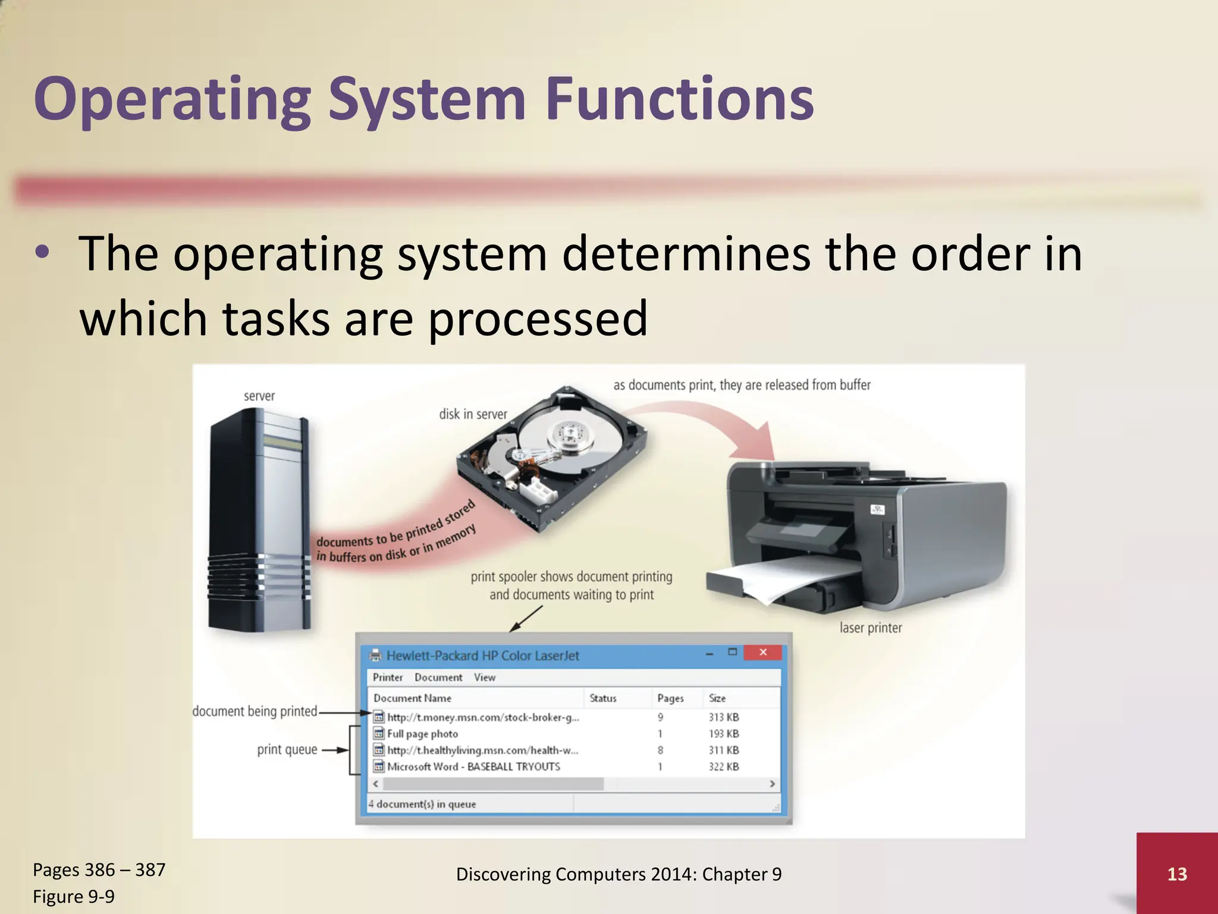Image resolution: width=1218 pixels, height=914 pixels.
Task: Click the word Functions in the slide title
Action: pyautogui.click(x=679, y=99)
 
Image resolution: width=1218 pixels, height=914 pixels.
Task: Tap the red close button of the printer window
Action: pyautogui.click(x=762, y=652)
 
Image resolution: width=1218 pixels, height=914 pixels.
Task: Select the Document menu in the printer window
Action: pyautogui.click(x=438, y=677)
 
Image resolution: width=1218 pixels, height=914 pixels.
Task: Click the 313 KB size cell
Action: pyautogui.click(x=723, y=717)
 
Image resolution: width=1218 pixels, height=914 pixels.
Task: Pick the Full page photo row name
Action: pyautogui.click(x=422, y=734)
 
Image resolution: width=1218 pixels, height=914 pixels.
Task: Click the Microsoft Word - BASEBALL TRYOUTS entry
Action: pyautogui.click(x=473, y=766)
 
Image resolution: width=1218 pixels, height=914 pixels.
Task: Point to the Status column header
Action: pyautogui.click(x=602, y=698)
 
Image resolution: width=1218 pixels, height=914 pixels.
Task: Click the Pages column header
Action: pyautogui.click(x=670, y=698)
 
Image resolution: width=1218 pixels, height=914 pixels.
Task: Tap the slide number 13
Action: pyautogui.click(x=1177, y=874)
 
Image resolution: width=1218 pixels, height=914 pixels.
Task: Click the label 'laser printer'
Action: pyautogui.click(x=870, y=628)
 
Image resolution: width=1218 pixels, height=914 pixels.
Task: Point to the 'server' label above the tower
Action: pyautogui.click(x=259, y=396)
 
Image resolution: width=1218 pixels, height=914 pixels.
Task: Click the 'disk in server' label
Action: pyautogui.click(x=473, y=414)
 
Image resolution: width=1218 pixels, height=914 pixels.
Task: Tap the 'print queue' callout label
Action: pyautogui.click(x=287, y=750)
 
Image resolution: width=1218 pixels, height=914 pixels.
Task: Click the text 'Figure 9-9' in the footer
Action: pyautogui.click(x=74, y=896)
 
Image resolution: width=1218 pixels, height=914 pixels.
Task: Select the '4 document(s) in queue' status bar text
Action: pyautogui.click(x=422, y=804)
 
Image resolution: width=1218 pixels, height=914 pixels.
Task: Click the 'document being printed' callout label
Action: pyautogui.click(x=255, y=711)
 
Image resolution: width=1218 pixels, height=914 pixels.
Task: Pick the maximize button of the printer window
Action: pyautogui.click(x=733, y=652)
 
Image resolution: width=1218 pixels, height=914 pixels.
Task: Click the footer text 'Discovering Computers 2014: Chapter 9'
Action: pyautogui.click(x=619, y=874)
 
